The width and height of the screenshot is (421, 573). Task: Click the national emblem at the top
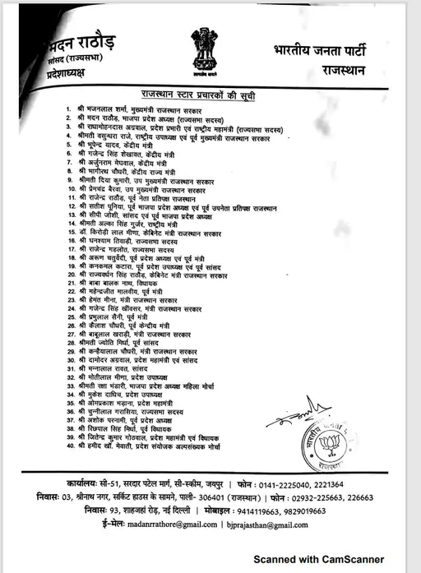tap(203, 49)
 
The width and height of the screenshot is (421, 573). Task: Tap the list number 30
tap(71, 360)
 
